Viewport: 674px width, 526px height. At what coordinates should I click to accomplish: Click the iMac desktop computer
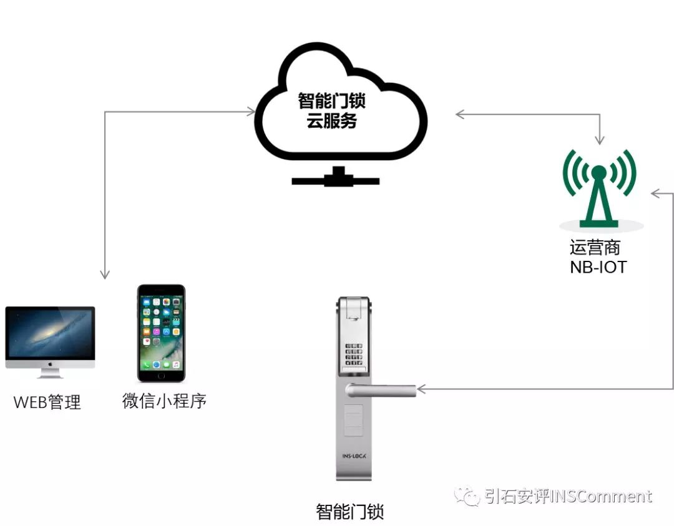pyautogui.click(x=50, y=338)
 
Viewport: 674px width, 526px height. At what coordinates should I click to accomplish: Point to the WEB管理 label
pyautogui.click(x=47, y=402)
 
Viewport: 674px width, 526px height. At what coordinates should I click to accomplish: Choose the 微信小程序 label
pyautogui.click(x=164, y=401)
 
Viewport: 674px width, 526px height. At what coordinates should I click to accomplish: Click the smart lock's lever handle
pyautogui.click(x=381, y=390)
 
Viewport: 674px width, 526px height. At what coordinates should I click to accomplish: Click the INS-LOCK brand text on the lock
pyautogui.click(x=354, y=456)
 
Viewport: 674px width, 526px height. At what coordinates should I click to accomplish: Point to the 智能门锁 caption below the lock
pyautogui.click(x=349, y=512)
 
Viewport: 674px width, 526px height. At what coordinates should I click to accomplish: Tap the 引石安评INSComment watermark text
pyautogui.click(x=568, y=497)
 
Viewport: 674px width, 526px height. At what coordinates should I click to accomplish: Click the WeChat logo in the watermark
pyautogui.click(x=467, y=496)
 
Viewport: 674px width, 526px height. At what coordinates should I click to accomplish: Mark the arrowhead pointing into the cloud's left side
pyautogui.click(x=252, y=112)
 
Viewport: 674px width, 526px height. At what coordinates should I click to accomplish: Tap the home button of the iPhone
pyautogui.click(x=161, y=375)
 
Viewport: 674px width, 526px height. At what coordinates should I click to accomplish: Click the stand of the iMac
pyautogui.click(x=50, y=373)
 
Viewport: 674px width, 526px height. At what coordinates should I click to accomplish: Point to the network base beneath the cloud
pyautogui.click(x=336, y=178)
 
